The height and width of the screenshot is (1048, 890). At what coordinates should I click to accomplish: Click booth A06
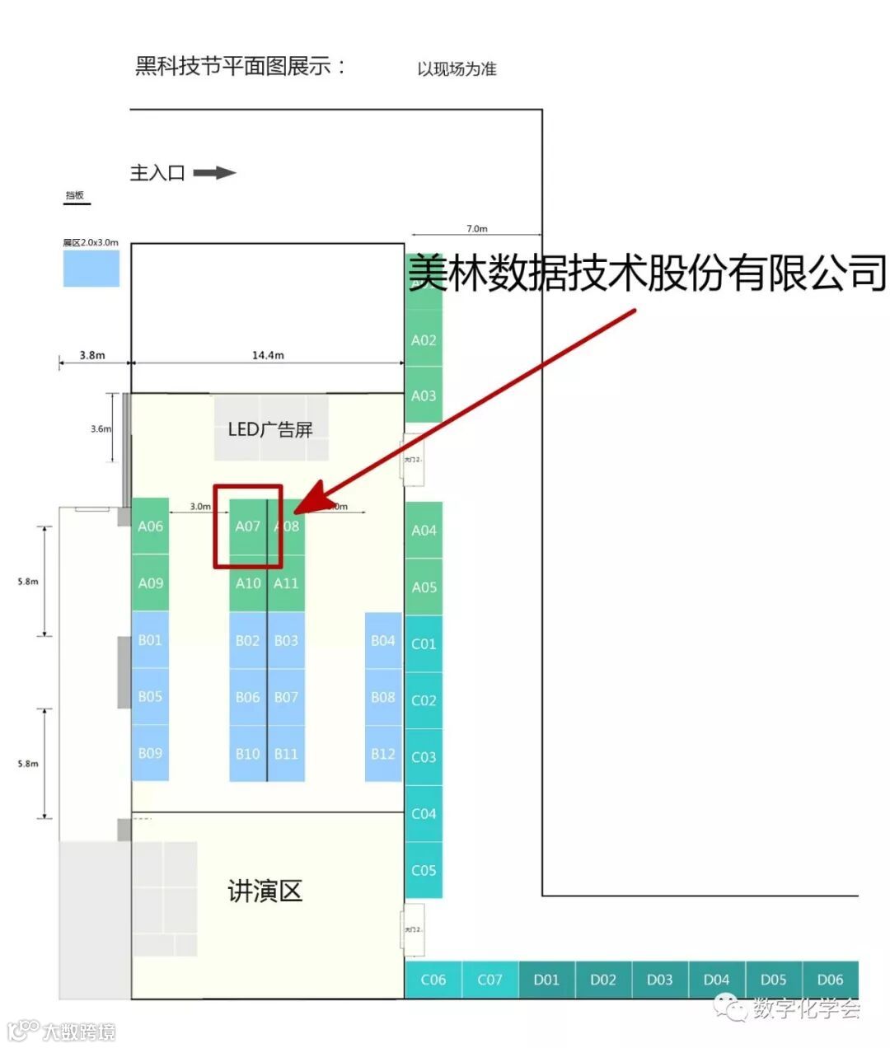pyautogui.click(x=150, y=526)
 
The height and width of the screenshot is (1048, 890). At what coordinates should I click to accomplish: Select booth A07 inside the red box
pyautogui.click(x=247, y=526)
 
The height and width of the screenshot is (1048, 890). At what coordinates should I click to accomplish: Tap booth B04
pyautogui.click(x=382, y=640)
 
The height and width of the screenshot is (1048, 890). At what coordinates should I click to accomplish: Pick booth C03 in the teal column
pyautogui.click(x=424, y=756)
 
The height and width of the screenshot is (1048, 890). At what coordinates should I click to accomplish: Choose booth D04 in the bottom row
pyautogui.click(x=716, y=980)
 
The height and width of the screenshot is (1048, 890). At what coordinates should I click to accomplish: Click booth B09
pyautogui.click(x=150, y=753)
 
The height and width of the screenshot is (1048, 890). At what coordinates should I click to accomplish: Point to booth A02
pyautogui.click(x=424, y=339)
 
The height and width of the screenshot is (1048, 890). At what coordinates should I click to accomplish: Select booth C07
pyautogui.click(x=489, y=980)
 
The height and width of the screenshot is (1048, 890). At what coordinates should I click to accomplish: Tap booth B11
pyautogui.click(x=286, y=753)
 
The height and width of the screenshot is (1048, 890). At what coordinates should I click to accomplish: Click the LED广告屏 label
pyautogui.click(x=270, y=429)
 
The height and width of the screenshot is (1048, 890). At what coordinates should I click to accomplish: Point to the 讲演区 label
pyautogui.click(x=265, y=891)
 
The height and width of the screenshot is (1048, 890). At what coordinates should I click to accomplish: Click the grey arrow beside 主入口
pyautogui.click(x=214, y=173)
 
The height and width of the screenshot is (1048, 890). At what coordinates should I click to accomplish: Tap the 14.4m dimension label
pyautogui.click(x=268, y=355)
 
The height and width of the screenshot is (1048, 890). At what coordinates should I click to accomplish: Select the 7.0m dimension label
pyautogui.click(x=476, y=229)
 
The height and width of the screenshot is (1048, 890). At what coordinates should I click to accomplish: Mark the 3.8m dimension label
pyautogui.click(x=92, y=355)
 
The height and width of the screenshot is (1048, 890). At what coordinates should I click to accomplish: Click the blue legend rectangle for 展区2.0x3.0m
pyautogui.click(x=91, y=269)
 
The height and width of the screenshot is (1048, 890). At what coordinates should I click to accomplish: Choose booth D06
pyautogui.click(x=830, y=980)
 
